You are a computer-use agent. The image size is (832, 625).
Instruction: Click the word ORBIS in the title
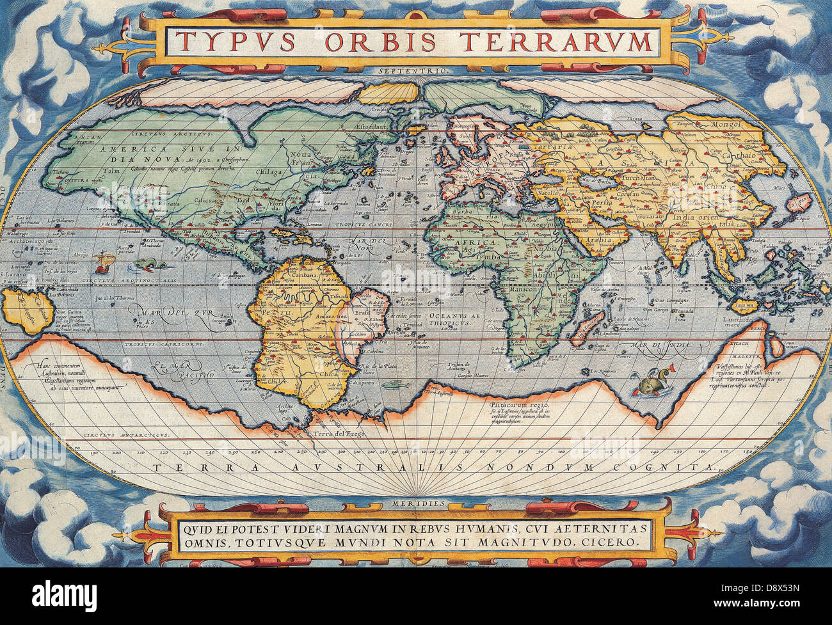point(380,42)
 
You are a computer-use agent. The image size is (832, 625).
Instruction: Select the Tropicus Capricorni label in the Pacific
point(164,344)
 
